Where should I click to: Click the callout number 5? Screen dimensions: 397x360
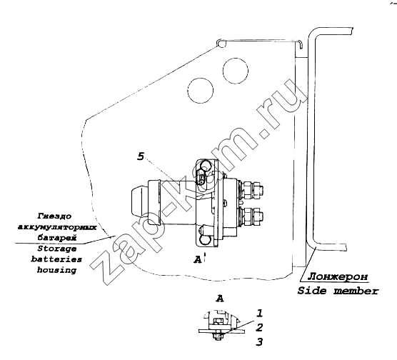tap(141, 156)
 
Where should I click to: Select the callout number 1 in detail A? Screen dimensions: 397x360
tap(259, 314)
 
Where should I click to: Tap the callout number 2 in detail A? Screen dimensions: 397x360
tap(259, 328)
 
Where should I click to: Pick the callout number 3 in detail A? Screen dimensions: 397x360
tap(259, 341)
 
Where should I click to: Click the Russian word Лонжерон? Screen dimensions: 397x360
tap(338, 276)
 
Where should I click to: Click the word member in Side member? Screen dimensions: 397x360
tap(356, 291)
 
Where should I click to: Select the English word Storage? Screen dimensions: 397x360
tap(57, 249)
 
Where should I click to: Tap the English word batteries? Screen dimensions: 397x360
tap(56, 259)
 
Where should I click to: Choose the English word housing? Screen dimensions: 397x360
tap(56, 270)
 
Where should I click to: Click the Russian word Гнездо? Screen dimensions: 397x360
tap(55, 216)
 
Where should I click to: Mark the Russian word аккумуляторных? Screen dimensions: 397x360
tap(57, 227)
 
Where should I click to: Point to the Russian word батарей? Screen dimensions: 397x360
tap(56, 238)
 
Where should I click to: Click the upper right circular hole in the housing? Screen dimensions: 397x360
tap(236, 71)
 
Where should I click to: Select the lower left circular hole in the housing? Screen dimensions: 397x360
tap(201, 90)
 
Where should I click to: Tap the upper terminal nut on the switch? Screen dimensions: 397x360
tap(253, 189)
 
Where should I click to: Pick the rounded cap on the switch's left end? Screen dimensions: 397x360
tap(139, 202)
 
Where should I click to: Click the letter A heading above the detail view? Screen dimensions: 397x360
tap(220, 299)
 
